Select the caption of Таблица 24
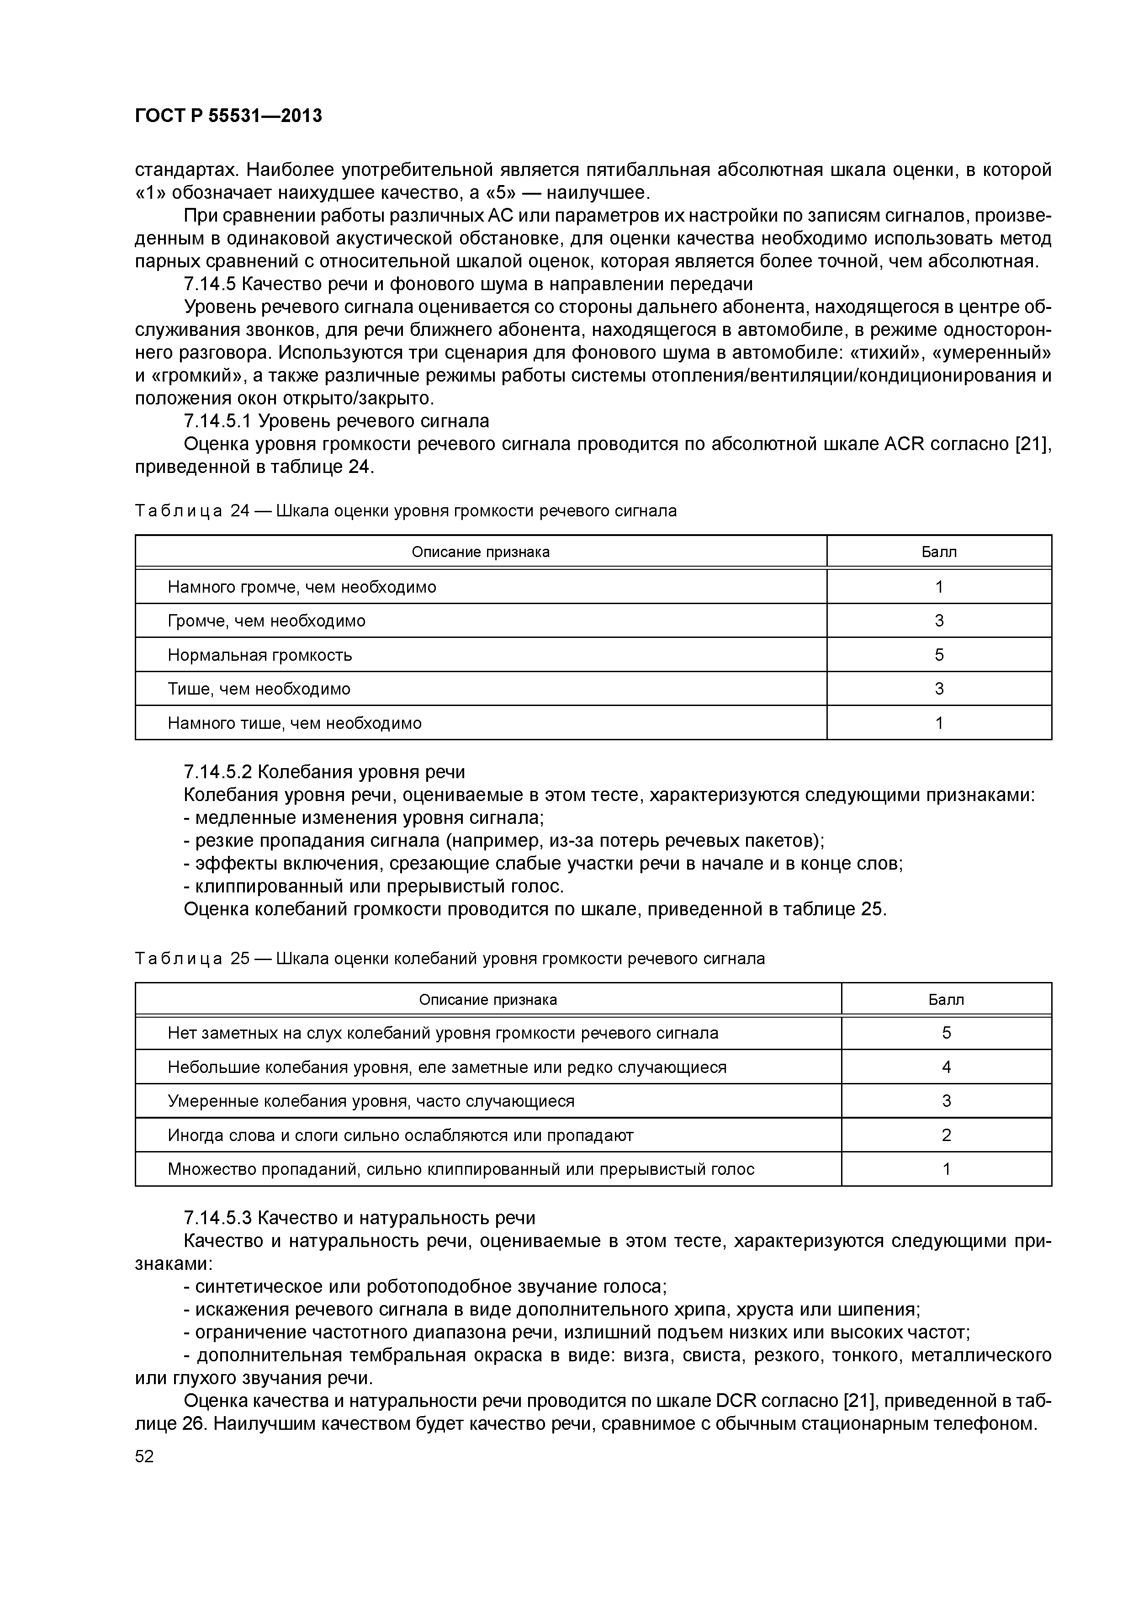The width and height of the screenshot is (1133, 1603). (406, 511)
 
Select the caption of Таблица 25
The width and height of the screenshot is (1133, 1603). (450, 959)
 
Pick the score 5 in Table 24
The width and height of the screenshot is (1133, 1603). (939, 655)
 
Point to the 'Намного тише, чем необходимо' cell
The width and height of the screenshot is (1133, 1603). (295, 722)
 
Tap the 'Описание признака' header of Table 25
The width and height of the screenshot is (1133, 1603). (487, 1000)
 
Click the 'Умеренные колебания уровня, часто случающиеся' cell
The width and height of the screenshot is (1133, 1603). (371, 1101)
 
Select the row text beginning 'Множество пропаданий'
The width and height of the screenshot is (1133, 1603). (461, 1169)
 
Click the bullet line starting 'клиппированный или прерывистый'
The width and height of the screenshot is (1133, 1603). (373, 886)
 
